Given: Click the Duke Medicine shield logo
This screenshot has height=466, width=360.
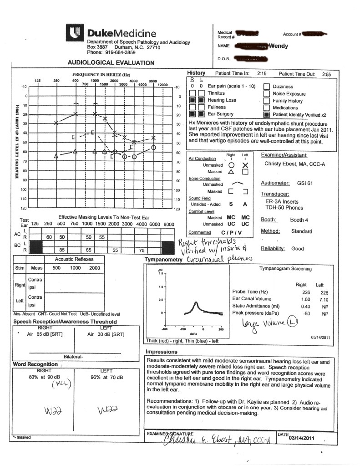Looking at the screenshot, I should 76,33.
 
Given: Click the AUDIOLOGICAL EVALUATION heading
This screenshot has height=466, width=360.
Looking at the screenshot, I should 111,63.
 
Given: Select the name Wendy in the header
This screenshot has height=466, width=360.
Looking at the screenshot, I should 278,46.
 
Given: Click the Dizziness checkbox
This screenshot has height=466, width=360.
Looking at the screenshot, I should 266,87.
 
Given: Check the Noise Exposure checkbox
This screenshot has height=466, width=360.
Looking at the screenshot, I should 266,93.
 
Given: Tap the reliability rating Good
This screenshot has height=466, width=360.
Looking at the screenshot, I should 298,249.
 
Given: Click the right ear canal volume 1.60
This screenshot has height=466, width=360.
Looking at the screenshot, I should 300,299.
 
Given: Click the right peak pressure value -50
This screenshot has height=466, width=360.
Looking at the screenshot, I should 300,313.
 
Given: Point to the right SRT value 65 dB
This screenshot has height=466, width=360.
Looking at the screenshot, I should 45,334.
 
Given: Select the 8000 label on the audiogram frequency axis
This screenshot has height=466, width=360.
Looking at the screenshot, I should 152,81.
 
